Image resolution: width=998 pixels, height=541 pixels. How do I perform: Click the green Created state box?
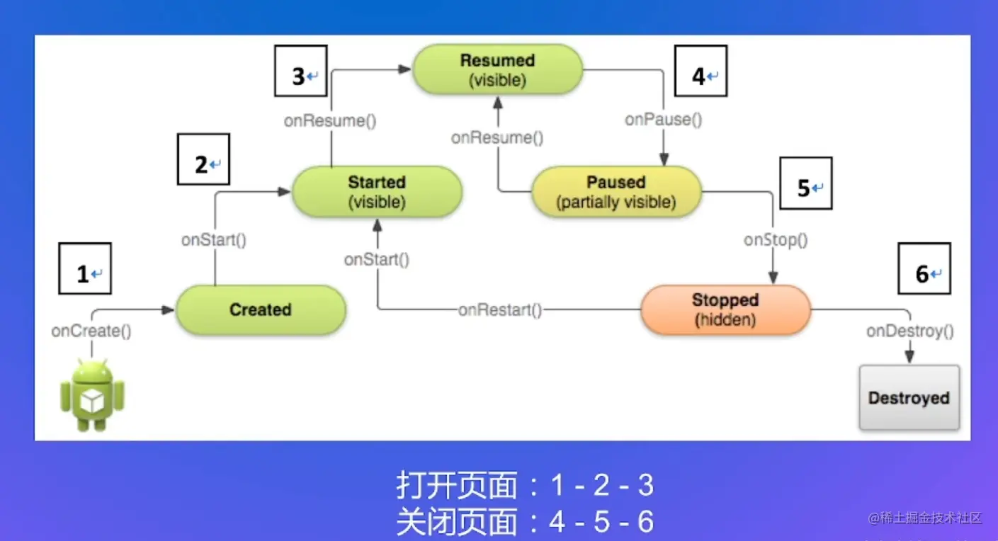pos(261,309)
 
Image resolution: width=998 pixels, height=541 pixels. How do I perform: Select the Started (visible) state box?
pos(377,192)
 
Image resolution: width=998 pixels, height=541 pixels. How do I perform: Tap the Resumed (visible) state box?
pos(497,69)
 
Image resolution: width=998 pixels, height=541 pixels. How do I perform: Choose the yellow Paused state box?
pos(616,192)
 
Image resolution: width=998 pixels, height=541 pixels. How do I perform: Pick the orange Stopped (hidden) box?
pos(725,309)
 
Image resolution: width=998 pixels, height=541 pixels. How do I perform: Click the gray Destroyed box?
pos(909,398)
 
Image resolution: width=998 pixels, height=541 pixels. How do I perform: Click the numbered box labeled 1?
pos(85,268)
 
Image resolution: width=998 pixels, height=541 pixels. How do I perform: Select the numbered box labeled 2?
pos(203,159)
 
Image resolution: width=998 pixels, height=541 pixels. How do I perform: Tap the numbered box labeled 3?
pos(301,71)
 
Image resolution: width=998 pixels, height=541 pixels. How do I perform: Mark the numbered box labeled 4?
pos(701,71)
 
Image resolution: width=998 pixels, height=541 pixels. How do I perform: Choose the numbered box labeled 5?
pos(806,183)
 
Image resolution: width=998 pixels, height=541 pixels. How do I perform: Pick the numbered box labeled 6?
pos(924,268)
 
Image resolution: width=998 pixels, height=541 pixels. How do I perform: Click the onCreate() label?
pos(91,331)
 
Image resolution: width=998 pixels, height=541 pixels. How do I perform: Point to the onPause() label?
pos(663,120)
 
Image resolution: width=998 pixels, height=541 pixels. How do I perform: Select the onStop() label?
pos(776,240)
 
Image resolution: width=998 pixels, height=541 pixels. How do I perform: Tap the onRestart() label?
pos(500,309)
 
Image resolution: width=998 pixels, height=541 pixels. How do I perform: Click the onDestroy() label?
pos(910,331)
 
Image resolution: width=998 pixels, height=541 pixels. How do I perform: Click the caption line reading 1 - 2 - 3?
pos(525,486)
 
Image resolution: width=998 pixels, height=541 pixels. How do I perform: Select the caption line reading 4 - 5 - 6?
pos(525,523)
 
